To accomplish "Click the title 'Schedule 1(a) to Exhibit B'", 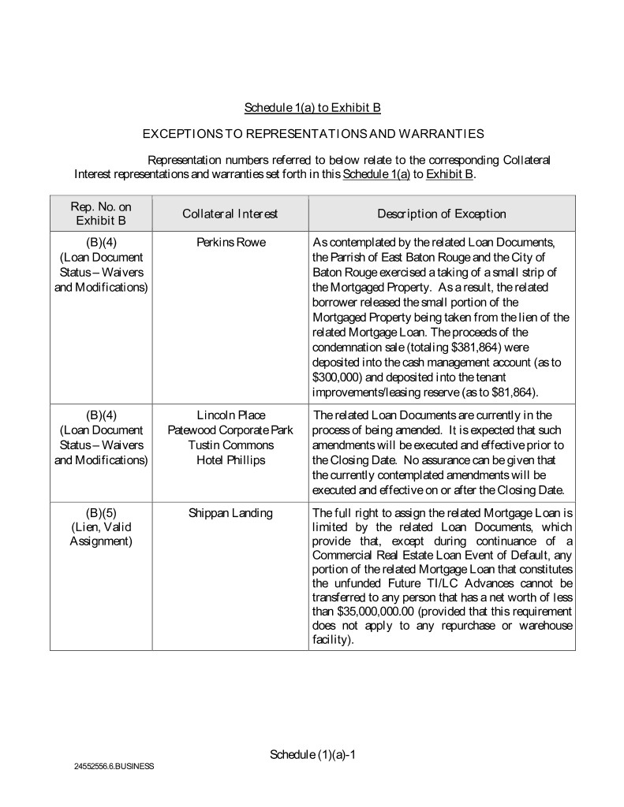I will click(312, 107).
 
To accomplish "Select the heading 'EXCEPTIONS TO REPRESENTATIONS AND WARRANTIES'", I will click(312, 135).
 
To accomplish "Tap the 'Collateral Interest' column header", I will click(230, 214).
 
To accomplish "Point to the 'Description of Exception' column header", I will click(442, 214).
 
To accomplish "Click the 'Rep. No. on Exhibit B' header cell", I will click(101, 214).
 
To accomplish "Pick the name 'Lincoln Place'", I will click(230, 415).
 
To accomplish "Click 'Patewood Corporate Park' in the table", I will click(230, 430).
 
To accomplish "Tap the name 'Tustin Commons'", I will click(230, 445).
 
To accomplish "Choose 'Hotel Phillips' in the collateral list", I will click(230, 460).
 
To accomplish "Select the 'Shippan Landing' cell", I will click(230, 513).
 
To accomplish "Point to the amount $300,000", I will click(338, 377).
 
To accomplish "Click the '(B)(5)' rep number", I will click(101, 513).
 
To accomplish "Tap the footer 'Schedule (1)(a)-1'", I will click(313, 754).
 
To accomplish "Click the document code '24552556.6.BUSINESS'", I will click(114, 766).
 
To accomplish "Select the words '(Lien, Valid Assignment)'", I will click(101, 535).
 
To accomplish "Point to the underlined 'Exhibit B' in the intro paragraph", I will click(450, 174).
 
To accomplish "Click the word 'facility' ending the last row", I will click(330, 641).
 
